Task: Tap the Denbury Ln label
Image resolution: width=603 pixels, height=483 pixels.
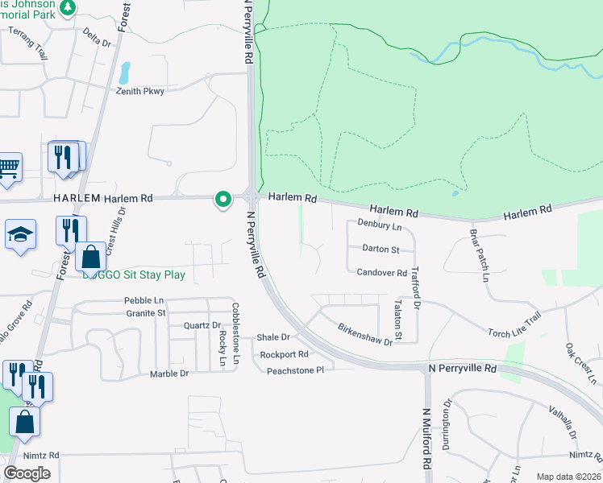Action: pyautogui.click(x=378, y=226)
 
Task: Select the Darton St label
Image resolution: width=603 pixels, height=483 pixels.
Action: pyautogui.click(x=381, y=250)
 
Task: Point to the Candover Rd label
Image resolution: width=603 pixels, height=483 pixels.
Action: pyautogui.click(x=381, y=273)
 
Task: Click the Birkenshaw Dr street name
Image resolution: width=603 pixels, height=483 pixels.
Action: pyautogui.click(x=364, y=335)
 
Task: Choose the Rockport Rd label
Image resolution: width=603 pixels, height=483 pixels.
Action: pyautogui.click(x=284, y=354)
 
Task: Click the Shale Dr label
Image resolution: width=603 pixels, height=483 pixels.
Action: pyautogui.click(x=272, y=337)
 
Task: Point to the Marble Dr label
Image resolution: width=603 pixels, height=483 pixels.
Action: pyautogui.click(x=168, y=374)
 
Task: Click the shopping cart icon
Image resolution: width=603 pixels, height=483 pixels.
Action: pyautogui.click(x=8, y=167)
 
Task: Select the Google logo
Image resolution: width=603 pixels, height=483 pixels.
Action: pyautogui.click(x=27, y=473)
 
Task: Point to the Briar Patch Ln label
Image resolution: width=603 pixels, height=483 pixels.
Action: pyautogui.click(x=480, y=255)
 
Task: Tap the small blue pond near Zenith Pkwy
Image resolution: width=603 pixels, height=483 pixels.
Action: pyautogui.click(x=124, y=74)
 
